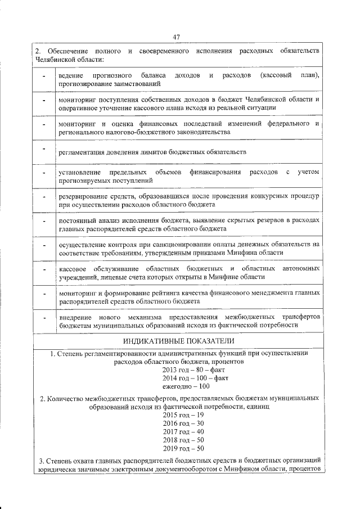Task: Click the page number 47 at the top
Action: (x=176, y=37)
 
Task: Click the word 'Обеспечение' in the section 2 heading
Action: (x=69, y=51)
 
